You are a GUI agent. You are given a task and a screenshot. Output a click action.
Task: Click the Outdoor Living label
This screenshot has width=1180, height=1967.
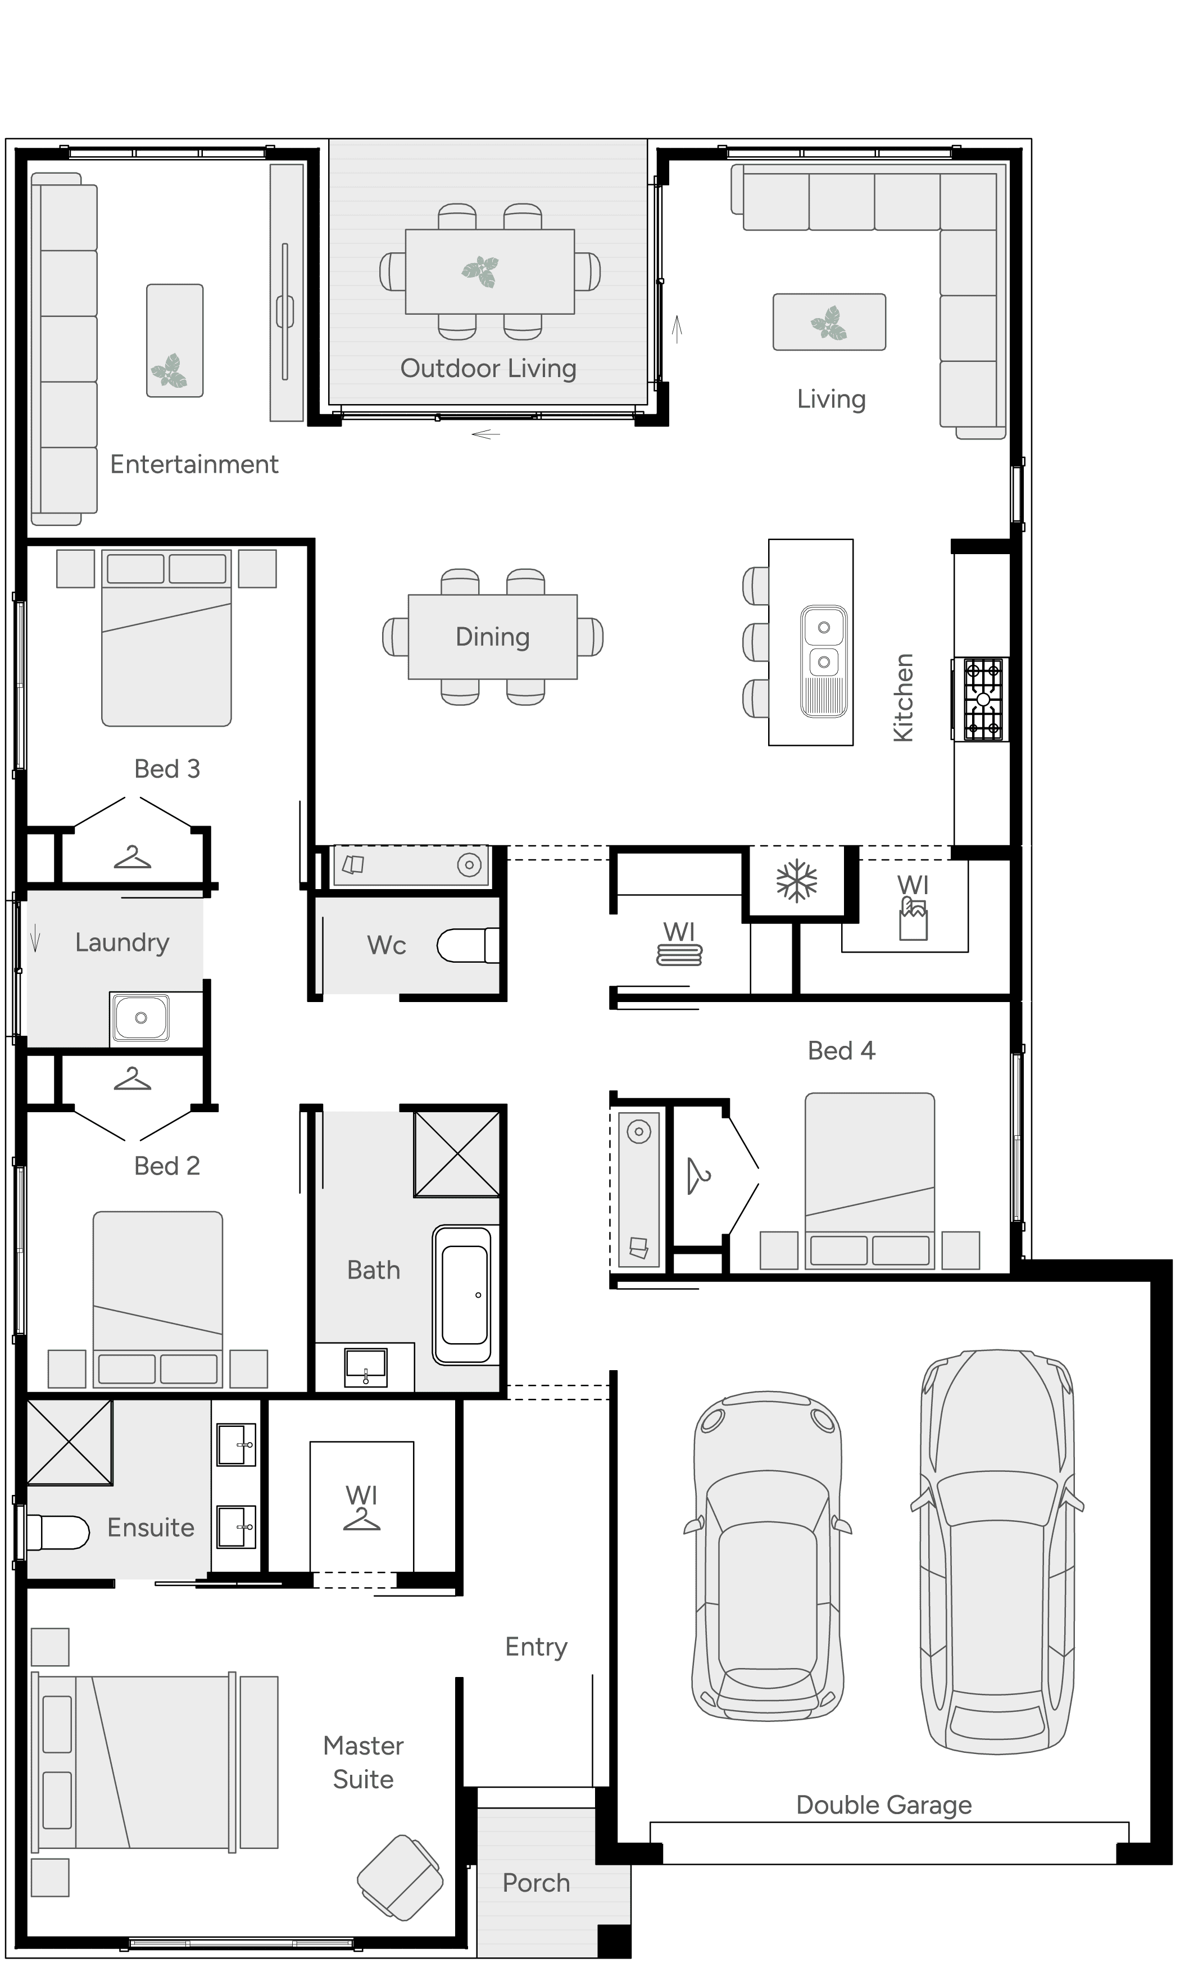point(488,368)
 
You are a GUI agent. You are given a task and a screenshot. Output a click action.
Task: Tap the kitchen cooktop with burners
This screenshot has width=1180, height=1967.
point(983,700)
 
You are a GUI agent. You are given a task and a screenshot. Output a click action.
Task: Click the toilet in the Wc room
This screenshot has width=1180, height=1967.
point(468,945)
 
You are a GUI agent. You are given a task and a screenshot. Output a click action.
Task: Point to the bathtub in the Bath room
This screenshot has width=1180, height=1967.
point(464,1295)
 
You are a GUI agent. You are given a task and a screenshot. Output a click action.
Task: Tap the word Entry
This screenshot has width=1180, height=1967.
point(536,1647)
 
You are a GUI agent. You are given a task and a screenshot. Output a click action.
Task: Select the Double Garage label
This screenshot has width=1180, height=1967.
point(883,1805)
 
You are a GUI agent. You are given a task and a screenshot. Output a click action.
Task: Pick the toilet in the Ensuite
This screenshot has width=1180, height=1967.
point(57,1532)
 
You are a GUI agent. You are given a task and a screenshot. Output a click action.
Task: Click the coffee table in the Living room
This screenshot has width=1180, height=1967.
point(829,322)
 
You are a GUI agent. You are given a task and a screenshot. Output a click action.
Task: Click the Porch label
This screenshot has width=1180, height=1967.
point(536,1883)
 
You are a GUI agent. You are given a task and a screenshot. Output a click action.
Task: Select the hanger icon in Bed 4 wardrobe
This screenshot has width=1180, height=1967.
point(699,1177)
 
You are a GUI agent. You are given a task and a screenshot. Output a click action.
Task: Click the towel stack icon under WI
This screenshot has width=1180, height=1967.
point(679,955)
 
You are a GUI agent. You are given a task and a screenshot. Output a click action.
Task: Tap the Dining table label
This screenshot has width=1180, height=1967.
point(492,637)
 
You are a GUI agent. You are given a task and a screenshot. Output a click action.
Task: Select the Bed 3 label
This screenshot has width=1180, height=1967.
point(167,769)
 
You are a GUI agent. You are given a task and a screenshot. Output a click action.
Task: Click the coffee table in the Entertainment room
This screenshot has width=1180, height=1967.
point(174,340)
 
